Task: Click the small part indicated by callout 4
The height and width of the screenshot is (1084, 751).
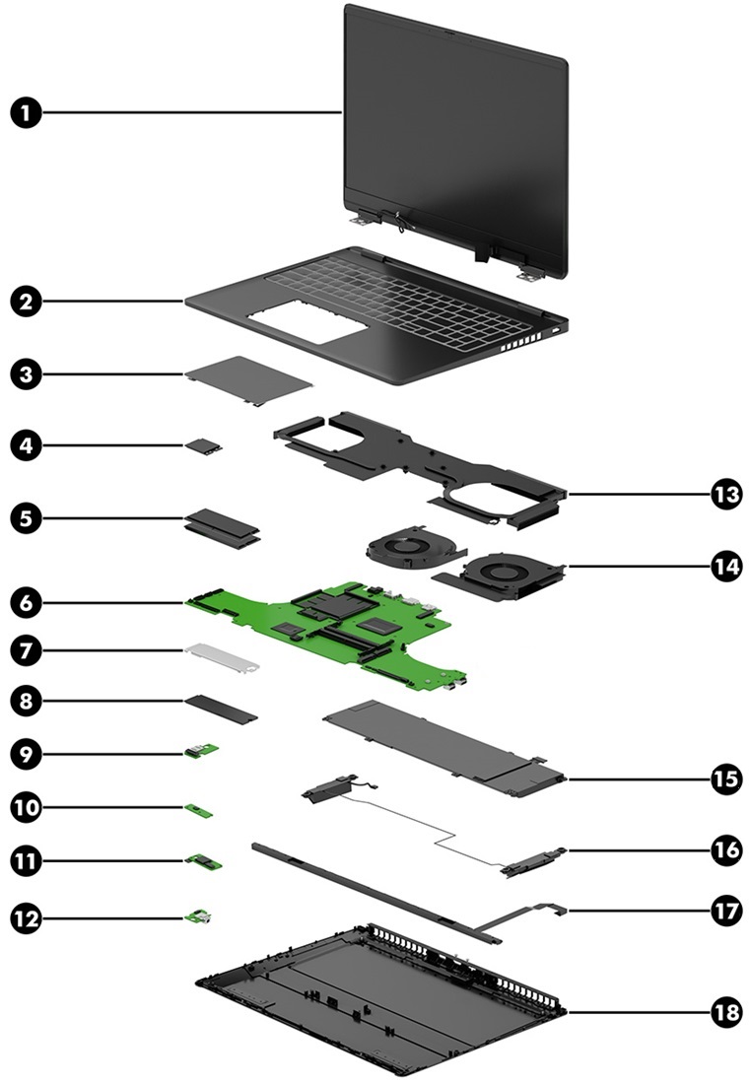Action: [x=204, y=445]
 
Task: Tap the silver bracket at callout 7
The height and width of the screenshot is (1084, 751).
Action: [x=221, y=657]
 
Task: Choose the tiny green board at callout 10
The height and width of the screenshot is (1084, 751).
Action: [x=202, y=810]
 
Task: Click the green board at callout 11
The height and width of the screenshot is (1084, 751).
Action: [x=205, y=862]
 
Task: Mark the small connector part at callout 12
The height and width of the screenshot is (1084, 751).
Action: [x=203, y=918]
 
